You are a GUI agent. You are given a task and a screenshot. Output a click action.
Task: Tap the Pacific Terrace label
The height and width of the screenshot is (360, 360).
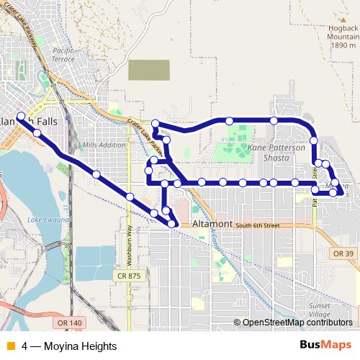(x=63, y=55)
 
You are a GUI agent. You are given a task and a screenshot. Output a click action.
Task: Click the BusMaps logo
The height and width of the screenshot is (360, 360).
(x=325, y=346)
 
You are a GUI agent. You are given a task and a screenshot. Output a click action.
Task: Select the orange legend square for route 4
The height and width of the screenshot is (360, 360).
(x=10, y=346)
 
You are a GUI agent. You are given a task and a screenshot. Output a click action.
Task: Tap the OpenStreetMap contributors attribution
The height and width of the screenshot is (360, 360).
(x=297, y=323)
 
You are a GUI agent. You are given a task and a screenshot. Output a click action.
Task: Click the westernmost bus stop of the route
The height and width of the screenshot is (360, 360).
(x=21, y=117)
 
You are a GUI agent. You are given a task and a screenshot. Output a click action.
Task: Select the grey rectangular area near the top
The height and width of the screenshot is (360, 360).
(x=149, y=70)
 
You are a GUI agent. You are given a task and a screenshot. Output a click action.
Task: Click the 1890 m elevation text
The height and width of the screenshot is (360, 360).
(x=343, y=45)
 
